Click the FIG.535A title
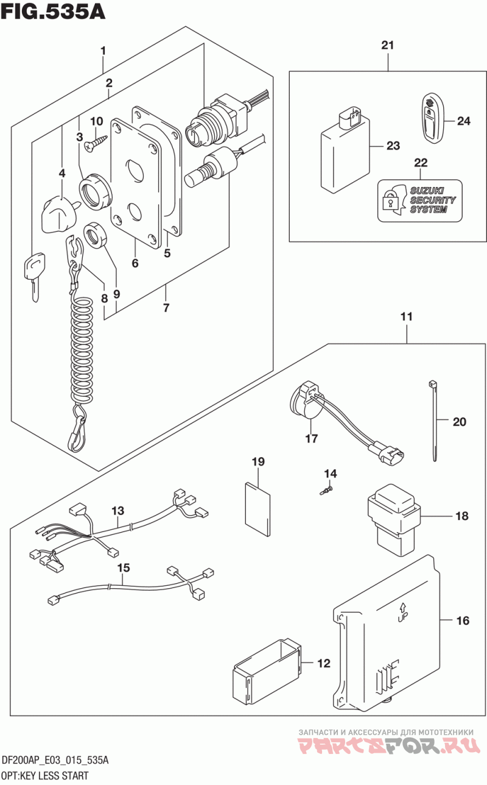pyautogui.click(x=53, y=12)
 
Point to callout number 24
pyautogui.click(x=464, y=121)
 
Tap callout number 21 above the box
pyautogui.click(x=388, y=45)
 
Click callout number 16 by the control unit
pyautogui.click(x=463, y=621)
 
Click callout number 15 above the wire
pyautogui.click(x=124, y=568)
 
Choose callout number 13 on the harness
pyautogui.click(x=117, y=510)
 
